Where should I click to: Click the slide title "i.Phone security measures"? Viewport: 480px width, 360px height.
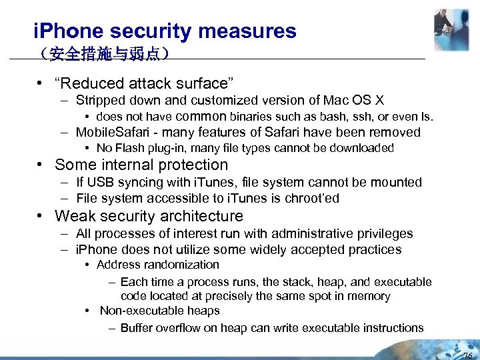[165, 31]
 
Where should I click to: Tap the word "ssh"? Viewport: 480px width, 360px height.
[369, 117]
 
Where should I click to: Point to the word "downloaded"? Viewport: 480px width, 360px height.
[364, 148]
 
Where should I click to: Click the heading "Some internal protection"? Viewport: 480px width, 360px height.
[141, 165]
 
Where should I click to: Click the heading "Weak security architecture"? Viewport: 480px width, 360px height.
[149, 216]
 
